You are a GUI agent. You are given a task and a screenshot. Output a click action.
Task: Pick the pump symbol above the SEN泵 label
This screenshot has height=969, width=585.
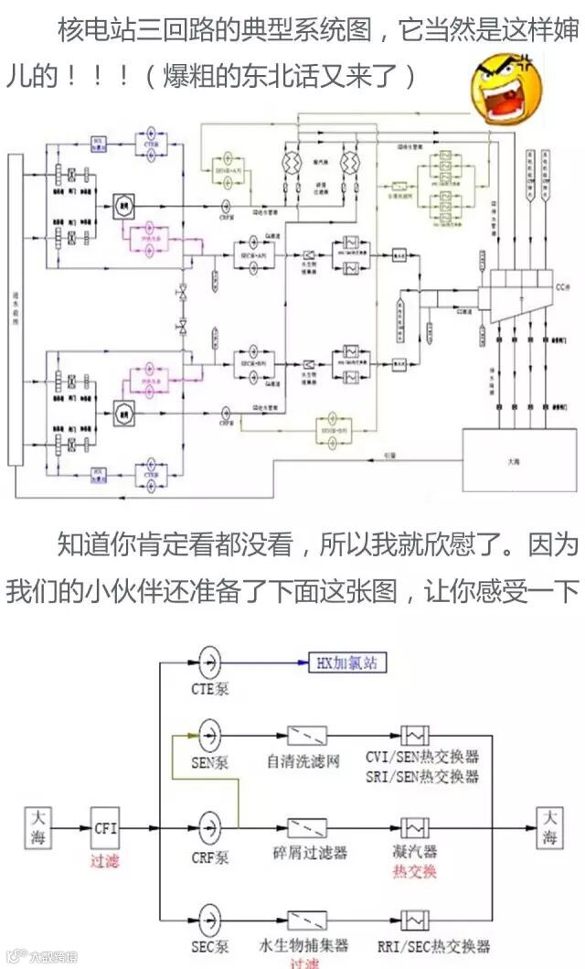(x=209, y=734)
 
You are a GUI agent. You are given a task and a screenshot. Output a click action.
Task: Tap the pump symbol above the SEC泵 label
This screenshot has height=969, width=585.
(x=209, y=920)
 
